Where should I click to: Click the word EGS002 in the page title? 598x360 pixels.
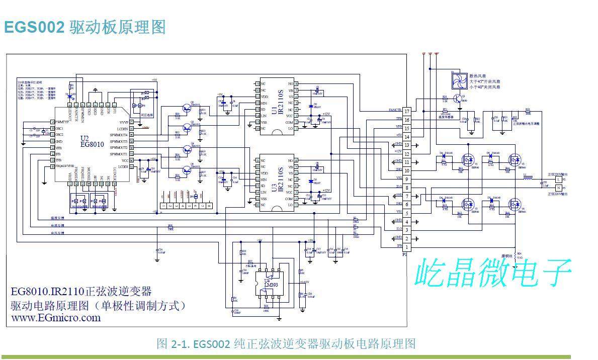[34, 27]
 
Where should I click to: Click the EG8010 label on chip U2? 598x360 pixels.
[92, 144]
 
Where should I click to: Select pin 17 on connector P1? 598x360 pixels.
[407, 111]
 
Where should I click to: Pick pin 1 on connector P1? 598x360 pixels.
[407, 246]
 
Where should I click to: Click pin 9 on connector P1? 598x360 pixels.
[407, 179]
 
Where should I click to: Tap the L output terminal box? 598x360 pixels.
[557, 179]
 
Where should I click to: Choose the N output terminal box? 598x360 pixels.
[557, 188]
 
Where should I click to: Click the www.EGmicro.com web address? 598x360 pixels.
[56, 318]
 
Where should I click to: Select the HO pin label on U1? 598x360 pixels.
[290, 83]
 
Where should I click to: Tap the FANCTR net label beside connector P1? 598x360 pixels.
[395, 110]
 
